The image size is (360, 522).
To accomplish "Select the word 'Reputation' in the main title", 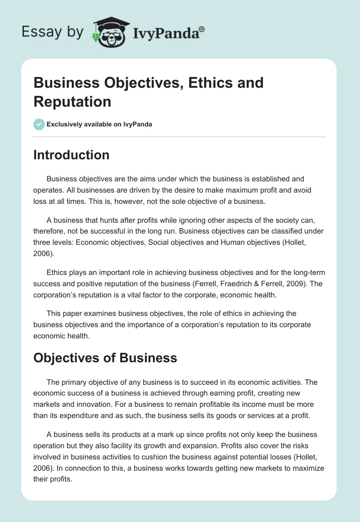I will [72, 102].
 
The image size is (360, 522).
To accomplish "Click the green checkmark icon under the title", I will [39, 124].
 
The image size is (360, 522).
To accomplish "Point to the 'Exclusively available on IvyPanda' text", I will [100, 124].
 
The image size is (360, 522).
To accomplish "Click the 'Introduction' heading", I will [71, 155].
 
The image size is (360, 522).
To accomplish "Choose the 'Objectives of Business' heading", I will [105, 358].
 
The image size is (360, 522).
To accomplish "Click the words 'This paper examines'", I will [77, 313].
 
